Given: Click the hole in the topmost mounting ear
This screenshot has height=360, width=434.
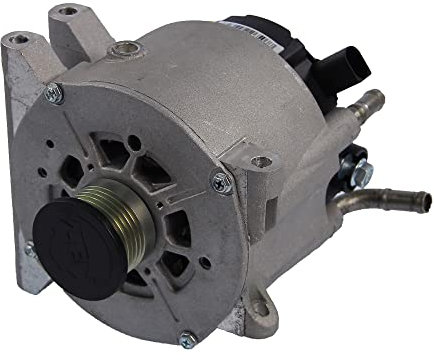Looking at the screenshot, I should [67, 12].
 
